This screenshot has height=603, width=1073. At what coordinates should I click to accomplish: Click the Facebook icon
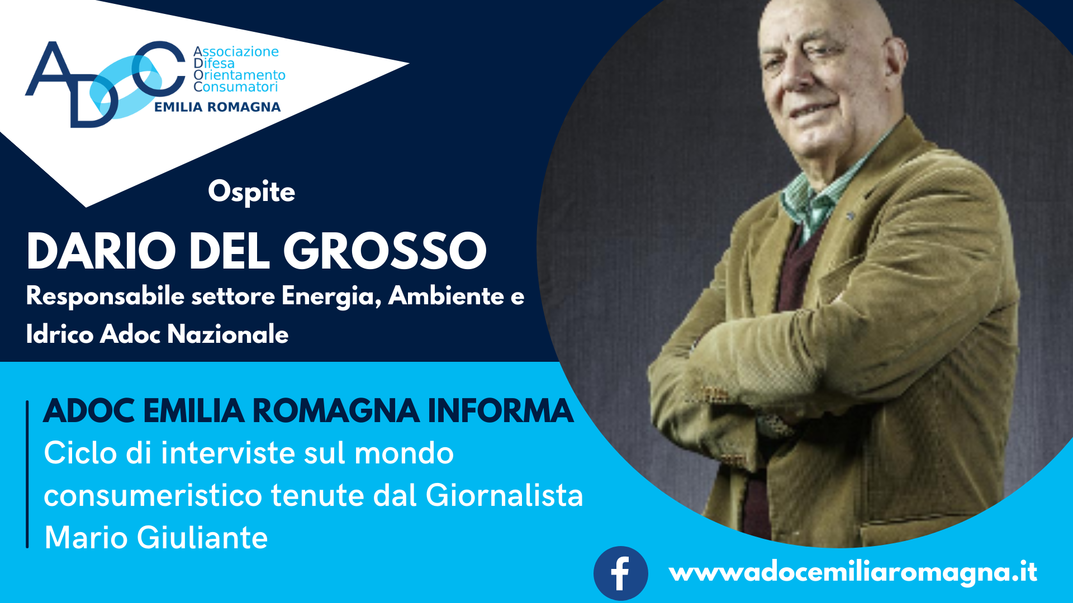(620, 573)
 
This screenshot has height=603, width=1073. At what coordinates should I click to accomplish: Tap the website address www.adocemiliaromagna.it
(853, 572)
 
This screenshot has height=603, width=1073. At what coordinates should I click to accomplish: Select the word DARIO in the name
(101, 251)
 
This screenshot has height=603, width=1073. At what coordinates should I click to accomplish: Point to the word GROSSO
(385, 251)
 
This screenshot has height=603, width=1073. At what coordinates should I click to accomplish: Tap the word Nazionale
(228, 334)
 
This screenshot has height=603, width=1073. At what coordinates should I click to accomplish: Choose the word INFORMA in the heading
(501, 411)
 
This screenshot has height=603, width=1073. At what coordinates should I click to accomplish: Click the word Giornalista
(505, 495)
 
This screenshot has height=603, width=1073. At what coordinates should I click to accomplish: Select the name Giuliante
(202, 538)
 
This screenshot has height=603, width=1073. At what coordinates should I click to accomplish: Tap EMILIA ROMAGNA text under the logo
(217, 107)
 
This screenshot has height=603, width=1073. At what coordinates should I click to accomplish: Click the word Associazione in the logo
(236, 51)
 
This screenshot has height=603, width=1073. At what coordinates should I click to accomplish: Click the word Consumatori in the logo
(235, 87)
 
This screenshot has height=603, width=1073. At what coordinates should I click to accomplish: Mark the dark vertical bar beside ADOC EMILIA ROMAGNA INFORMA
(27, 474)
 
